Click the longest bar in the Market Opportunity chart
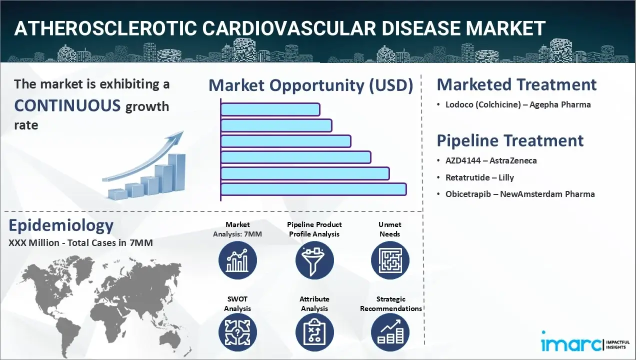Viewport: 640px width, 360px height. pos(313,189)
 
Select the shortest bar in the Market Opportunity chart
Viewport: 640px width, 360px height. pos(270,109)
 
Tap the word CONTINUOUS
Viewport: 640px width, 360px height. pos(67,105)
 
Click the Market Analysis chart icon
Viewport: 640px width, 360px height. pos(237,260)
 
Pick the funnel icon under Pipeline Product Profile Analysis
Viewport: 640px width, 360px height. pos(314,260)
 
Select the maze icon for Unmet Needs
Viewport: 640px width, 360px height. pos(390,260)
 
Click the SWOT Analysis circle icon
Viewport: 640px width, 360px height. pos(237,332)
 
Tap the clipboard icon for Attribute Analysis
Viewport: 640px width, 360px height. pos(314,332)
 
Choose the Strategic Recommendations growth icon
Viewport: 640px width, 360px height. pos(390,332)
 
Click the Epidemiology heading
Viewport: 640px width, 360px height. pos(61,225)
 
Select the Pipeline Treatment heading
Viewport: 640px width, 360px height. pos(510,140)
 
